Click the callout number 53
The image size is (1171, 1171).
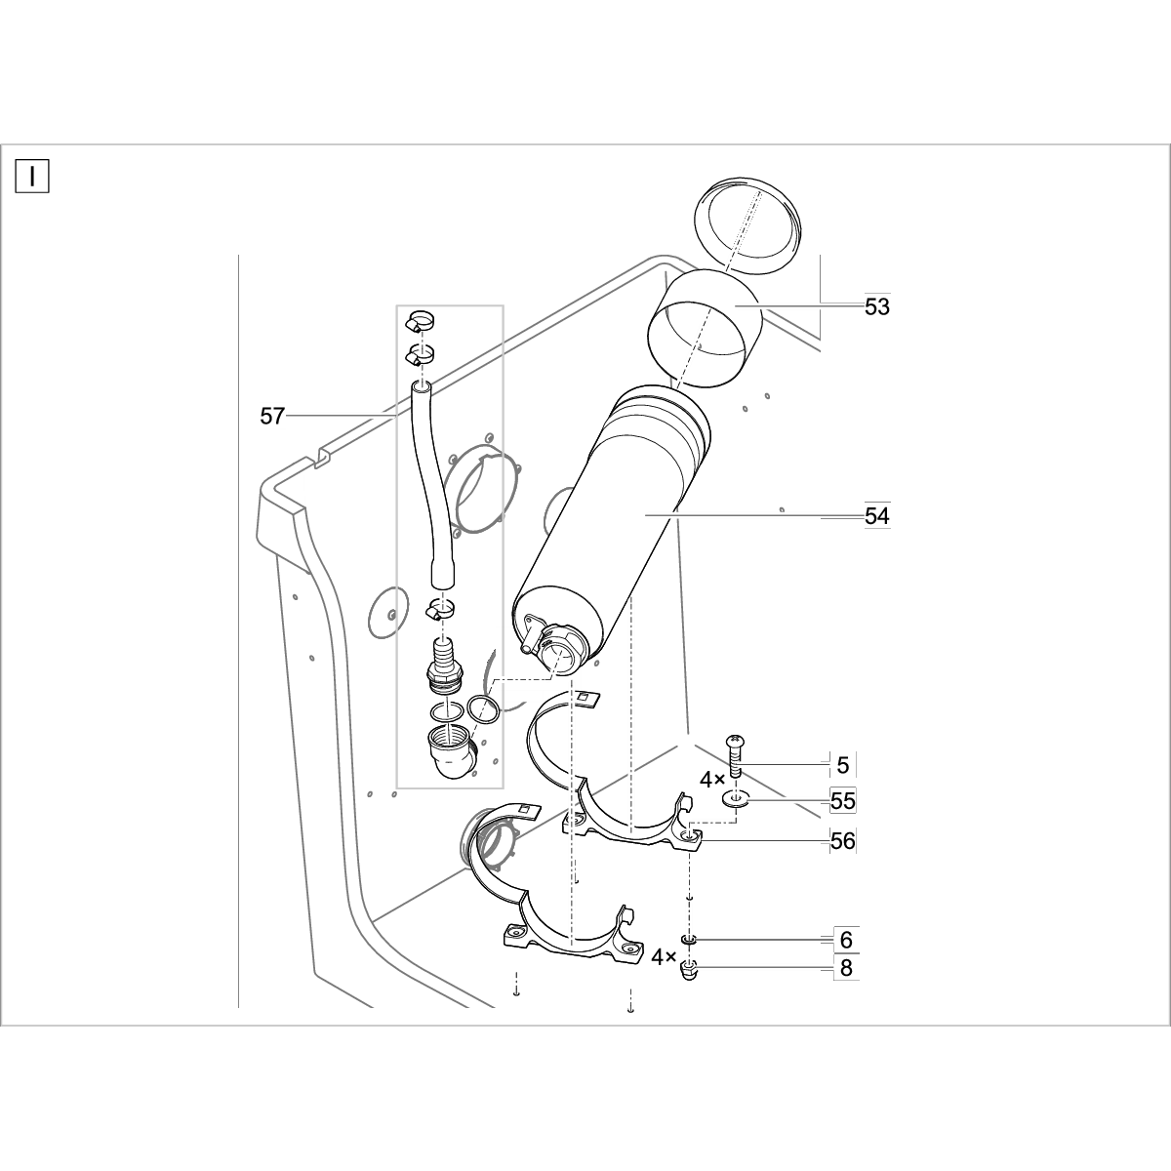pyautogui.click(x=877, y=306)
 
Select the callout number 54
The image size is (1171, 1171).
pyautogui.click(x=877, y=515)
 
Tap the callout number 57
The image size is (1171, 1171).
pyautogui.click(x=271, y=417)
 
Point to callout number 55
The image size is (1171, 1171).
pyautogui.click(x=843, y=801)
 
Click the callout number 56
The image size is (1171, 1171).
pyautogui.click(x=843, y=840)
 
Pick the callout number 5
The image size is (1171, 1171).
pyautogui.click(x=843, y=765)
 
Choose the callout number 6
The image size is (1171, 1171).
pyautogui.click(x=846, y=940)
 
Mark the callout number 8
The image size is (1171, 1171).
pyautogui.click(x=846, y=968)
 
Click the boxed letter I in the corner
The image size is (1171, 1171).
pyautogui.click(x=32, y=176)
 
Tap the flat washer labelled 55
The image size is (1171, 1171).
pyautogui.click(x=736, y=800)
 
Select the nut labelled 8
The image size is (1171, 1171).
pyautogui.click(x=689, y=970)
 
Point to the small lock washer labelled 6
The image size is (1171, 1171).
pyautogui.click(x=689, y=940)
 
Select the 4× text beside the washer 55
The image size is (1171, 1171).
pyautogui.click(x=711, y=781)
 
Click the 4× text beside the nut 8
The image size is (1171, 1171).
pyautogui.click(x=665, y=957)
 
